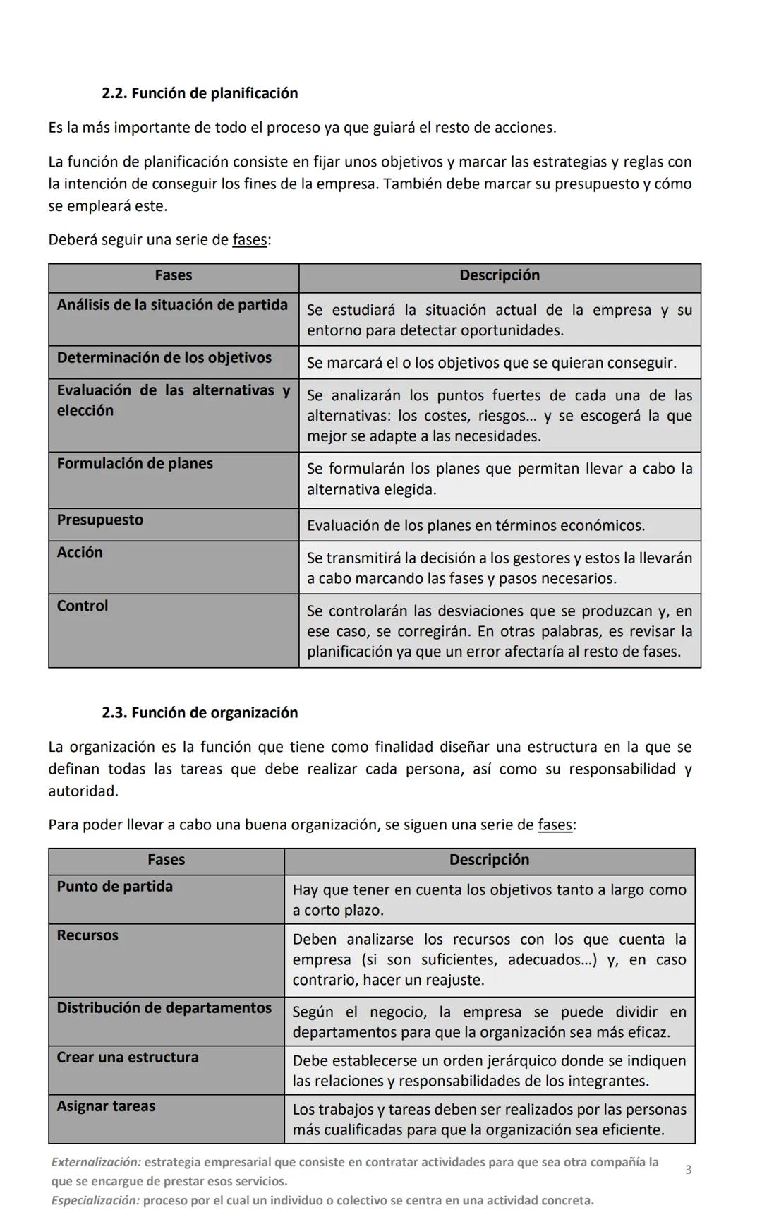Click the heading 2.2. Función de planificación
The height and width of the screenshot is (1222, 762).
point(200,93)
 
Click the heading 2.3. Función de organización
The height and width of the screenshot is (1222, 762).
point(200,712)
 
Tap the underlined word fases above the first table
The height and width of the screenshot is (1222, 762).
point(250,240)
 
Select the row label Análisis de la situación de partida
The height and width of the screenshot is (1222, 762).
point(172,305)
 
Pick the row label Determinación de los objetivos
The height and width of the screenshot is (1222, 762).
point(164,358)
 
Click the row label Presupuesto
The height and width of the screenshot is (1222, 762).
point(99,520)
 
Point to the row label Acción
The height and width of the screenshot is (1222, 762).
point(80,553)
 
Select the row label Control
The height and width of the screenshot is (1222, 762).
point(83,606)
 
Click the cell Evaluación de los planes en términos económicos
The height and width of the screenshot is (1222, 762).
point(476,526)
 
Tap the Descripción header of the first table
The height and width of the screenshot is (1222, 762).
point(499,275)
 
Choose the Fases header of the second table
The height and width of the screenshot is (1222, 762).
point(166,860)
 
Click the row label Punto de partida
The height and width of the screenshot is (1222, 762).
point(114,887)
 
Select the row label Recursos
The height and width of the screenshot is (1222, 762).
point(87,935)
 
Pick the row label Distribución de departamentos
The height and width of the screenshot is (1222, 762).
point(164,1008)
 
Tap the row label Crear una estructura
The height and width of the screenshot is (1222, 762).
point(128,1058)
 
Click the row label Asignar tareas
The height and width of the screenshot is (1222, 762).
point(106,1106)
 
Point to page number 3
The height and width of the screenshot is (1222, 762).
point(688,1170)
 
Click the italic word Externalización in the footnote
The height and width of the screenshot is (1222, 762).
point(96,1162)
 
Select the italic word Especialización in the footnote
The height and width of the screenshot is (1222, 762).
point(95,1200)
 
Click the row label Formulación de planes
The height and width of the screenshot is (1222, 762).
point(135,464)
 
